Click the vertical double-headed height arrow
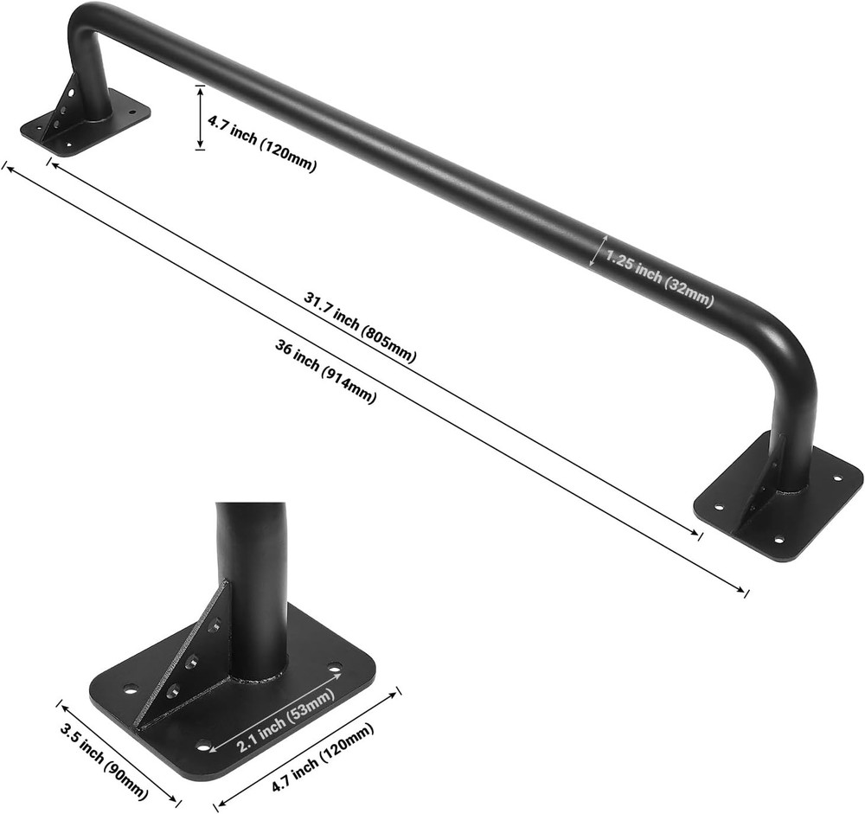(x=201, y=117)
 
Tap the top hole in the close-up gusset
(x=214, y=624)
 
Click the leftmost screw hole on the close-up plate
(x=131, y=689)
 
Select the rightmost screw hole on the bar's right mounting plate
(x=836, y=478)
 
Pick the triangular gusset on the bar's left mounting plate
(x=65, y=108)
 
